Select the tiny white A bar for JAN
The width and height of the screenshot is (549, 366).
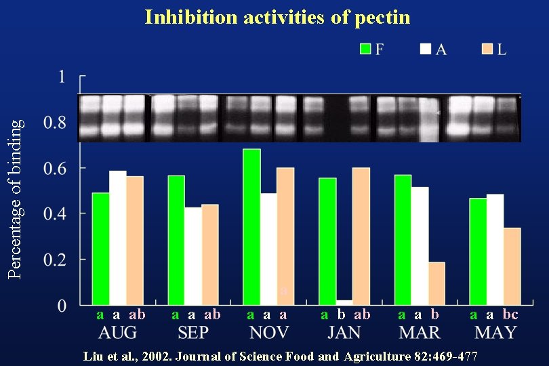click(344, 302)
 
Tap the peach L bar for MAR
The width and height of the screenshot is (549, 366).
click(436, 283)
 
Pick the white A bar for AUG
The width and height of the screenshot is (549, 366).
click(118, 237)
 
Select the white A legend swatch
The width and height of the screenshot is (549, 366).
click(426, 49)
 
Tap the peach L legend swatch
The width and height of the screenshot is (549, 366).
click(487, 49)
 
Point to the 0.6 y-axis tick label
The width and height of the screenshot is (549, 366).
click(55, 168)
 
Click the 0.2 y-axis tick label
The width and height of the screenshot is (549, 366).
click(55, 260)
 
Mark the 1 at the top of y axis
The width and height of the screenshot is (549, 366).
click(62, 77)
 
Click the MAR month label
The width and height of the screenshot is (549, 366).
click(420, 333)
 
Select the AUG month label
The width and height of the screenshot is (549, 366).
click(117, 333)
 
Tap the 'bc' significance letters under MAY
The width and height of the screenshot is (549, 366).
click(510, 314)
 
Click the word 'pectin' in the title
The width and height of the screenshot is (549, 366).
click(382, 18)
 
